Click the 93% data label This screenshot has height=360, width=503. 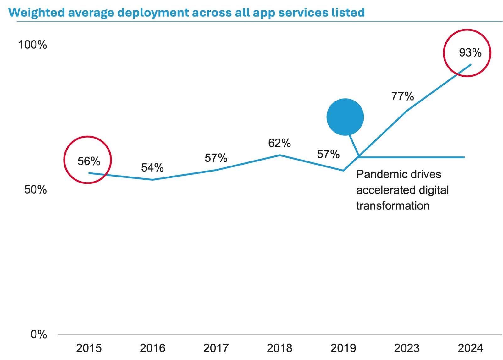pyautogui.click(x=470, y=53)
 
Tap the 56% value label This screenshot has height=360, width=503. pyautogui.click(x=89, y=161)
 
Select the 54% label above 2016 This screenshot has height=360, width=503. pyautogui.click(x=152, y=168)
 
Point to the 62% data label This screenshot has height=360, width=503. pyautogui.click(x=279, y=143)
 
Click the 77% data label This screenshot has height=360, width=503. pyautogui.click(x=402, y=96)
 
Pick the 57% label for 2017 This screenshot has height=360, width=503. pyautogui.click(x=216, y=158)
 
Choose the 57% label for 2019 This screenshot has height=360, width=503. pyautogui.click(x=328, y=154)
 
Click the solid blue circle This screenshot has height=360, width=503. pyautogui.click(x=345, y=117)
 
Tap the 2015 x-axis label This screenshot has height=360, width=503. pyautogui.click(x=89, y=348)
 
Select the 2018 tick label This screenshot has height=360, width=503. pyautogui.click(x=279, y=348)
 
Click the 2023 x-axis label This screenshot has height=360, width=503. pyautogui.click(x=406, y=348)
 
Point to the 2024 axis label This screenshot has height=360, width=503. pyautogui.click(x=470, y=348)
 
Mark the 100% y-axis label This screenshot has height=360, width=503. pyautogui.click(x=33, y=45)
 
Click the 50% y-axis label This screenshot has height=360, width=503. pyautogui.click(x=35, y=190)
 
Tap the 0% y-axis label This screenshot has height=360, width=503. pyautogui.click(x=39, y=335)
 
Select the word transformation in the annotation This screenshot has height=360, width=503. pyautogui.click(x=393, y=206)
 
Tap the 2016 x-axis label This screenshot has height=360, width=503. pyautogui.click(x=152, y=348)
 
